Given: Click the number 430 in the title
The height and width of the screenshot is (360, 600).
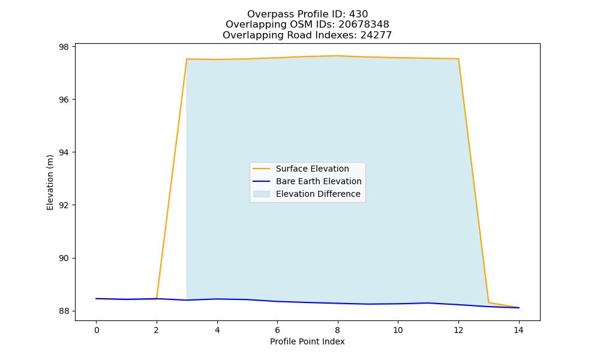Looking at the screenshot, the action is pyautogui.click(x=358, y=14).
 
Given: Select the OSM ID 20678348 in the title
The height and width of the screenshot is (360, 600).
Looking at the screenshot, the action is pyautogui.click(x=364, y=25).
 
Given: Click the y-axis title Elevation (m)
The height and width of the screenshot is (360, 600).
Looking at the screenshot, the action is pyautogui.click(x=50, y=182).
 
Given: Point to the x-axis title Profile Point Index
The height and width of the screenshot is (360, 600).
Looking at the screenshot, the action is pyautogui.click(x=307, y=341).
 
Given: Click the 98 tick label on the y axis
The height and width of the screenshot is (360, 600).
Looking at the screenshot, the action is pyautogui.click(x=64, y=47).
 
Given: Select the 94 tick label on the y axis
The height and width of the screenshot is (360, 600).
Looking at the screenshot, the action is pyautogui.click(x=64, y=152).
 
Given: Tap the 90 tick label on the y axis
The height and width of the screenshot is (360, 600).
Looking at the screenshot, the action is pyautogui.click(x=64, y=258).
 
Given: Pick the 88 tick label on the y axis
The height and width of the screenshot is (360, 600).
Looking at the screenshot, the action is pyautogui.click(x=64, y=311).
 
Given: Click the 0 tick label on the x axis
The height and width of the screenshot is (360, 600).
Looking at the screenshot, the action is pyautogui.click(x=97, y=330).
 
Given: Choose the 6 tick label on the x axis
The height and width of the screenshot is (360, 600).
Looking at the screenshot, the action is pyautogui.click(x=277, y=330).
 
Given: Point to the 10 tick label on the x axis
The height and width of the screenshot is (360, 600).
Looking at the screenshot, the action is pyautogui.click(x=398, y=330).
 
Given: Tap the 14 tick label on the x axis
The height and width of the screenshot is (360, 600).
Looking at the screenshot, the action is pyautogui.click(x=518, y=330).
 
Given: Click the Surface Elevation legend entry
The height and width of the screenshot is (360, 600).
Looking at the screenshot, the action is pyautogui.click(x=312, y=169).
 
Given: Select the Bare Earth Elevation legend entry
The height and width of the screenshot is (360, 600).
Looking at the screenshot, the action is pyautogui.click(x=319, y=181).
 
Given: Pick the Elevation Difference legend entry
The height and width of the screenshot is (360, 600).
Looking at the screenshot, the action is pyautogui.click(x=318, y=194).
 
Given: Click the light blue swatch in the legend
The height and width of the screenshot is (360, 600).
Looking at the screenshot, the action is pyautogui.click(x=262, y=194).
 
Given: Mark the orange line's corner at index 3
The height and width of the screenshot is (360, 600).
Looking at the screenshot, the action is pyautogui.click(x=187, y=59).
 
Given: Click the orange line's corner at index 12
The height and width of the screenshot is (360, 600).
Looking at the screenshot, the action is pyautogui.click(x=458, y=59).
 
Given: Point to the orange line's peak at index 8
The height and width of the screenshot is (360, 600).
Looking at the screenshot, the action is pyautogui.click(x=337, y=56).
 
